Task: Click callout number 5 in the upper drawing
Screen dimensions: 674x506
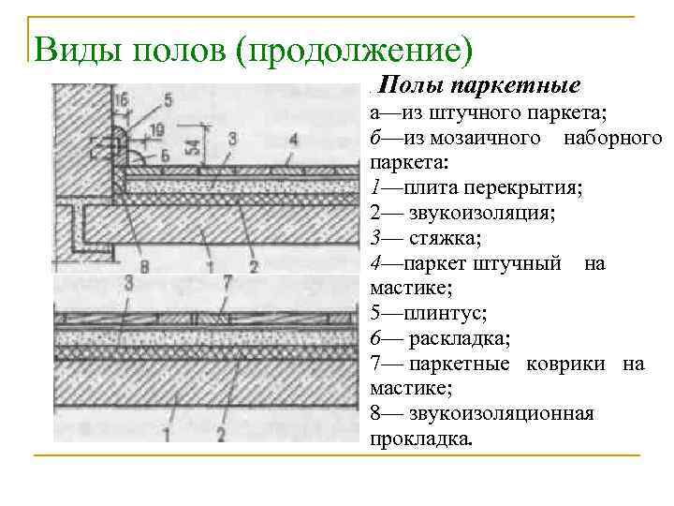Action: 168,99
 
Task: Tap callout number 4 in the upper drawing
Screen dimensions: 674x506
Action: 293,139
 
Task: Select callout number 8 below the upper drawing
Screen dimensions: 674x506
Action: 143,267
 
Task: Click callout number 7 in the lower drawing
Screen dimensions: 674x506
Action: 227,282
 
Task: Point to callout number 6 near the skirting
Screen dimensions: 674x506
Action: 165,155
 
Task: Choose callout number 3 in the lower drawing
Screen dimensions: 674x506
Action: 127,282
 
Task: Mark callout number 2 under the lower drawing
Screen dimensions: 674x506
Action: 222,434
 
